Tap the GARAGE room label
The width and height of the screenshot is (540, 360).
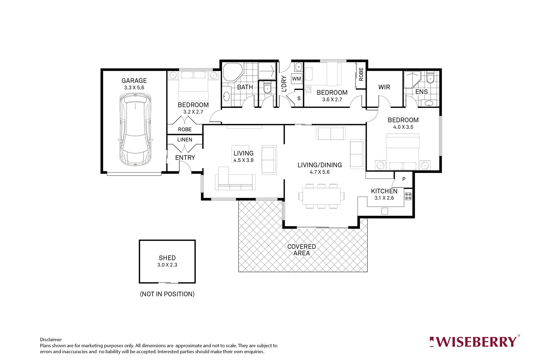tap(134, 81)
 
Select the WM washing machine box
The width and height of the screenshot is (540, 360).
tap(296, 79)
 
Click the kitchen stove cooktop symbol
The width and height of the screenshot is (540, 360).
tap(408, 196)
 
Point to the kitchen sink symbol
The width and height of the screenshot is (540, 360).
tap(385, 211)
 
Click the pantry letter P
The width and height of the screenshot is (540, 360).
tap(404, 179)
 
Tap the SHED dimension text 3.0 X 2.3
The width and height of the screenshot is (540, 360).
tap(167, 265)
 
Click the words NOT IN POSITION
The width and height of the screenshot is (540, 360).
tap(167, 294)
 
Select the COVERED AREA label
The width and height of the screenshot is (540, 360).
tap(301, 250)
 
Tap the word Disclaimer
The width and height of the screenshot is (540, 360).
tap(51, 340)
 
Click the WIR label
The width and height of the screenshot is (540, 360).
tap(384, 87)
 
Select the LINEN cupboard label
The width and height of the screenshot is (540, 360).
tap(185, 140)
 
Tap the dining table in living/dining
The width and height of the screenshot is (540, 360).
tap(321, 196)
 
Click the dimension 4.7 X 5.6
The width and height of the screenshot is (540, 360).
tap(319, 172)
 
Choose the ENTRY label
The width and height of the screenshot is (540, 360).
tap(185, 158)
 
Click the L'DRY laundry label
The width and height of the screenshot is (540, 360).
tap(284, 84)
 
